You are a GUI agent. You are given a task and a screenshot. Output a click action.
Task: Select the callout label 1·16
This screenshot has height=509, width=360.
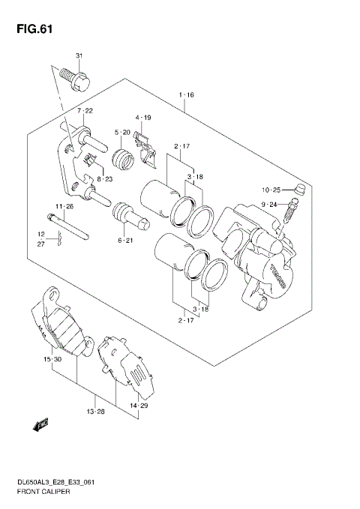186,95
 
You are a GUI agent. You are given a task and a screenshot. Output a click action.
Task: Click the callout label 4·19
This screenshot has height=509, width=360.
143,118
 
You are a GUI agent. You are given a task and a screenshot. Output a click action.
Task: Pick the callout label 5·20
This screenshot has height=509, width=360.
122,133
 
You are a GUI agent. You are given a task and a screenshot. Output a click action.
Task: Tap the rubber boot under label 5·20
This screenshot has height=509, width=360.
121,159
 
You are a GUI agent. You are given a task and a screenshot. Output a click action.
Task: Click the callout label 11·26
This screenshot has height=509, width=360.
63,206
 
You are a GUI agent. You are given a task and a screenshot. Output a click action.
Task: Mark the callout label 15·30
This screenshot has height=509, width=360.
51,361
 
